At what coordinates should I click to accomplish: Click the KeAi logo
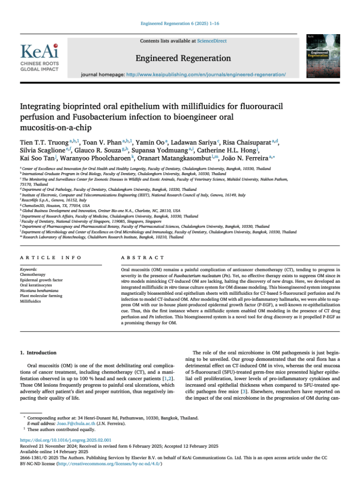(x=39, y=57)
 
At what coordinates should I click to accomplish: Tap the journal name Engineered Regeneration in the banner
(x=184, y=58)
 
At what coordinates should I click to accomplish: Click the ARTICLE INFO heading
(x=50, y=257)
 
